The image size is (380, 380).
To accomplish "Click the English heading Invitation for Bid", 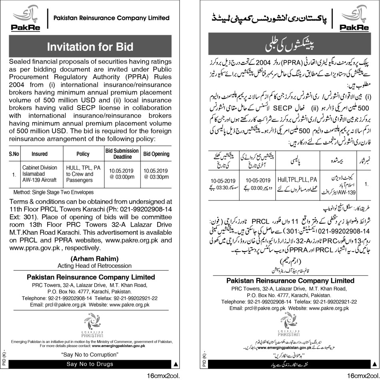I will coord(90,47).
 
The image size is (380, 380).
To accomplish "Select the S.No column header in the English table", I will coord(14,154).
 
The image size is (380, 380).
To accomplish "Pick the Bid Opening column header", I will coord(156,154).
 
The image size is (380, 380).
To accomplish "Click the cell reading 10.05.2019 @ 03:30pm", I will coord(156,174).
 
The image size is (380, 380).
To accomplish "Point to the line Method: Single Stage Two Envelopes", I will coord(51,192).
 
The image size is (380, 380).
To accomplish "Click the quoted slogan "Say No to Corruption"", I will coord(91,355).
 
